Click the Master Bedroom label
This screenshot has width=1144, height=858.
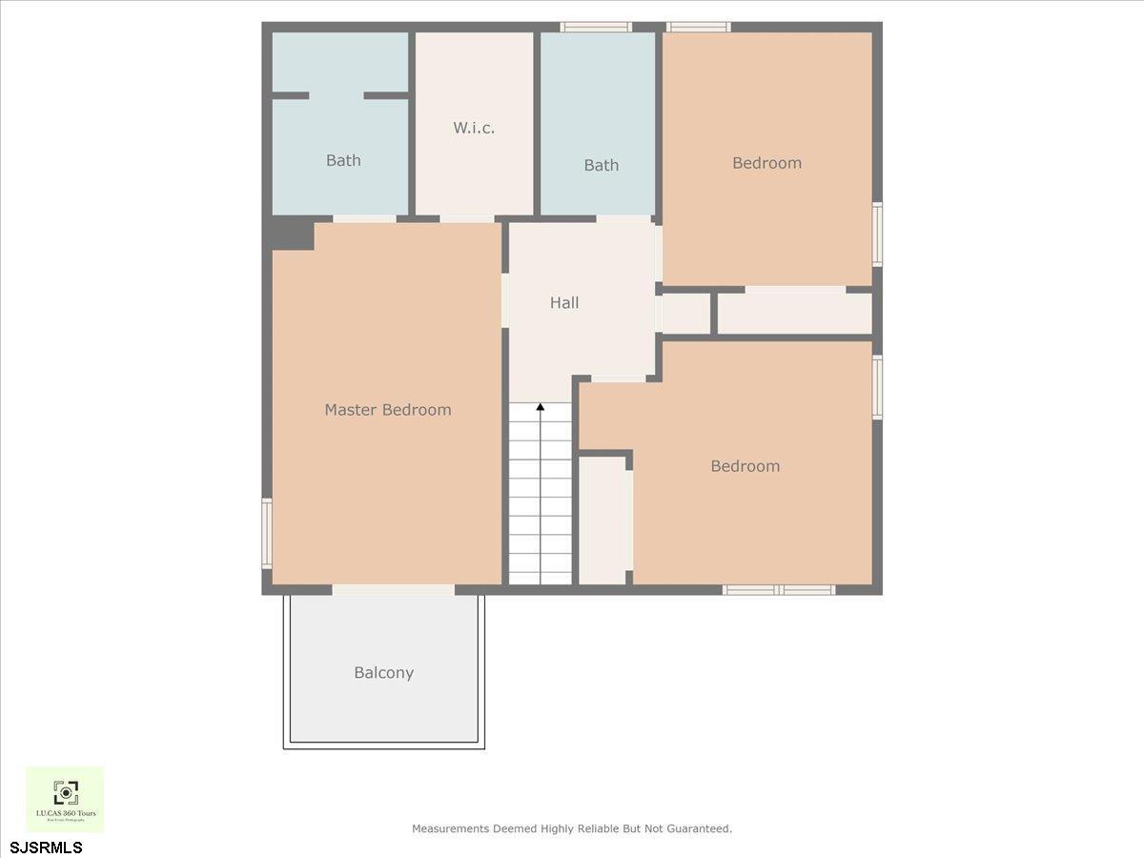click(x=387, y=410)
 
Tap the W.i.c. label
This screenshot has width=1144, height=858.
click(x=474, y=128)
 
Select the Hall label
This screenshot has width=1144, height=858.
click(x=564, y=303)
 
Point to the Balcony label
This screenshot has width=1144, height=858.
click(x=383, y=673)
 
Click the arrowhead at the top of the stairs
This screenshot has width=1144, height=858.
click(x=541, y=408)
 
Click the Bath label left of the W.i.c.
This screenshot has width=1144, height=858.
click(x=343, y=160)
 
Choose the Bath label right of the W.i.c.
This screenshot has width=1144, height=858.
click(x=601, y=166)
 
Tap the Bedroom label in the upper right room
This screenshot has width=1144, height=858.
click(x=766, y=163)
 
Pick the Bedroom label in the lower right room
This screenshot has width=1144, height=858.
click(x=745, y=466)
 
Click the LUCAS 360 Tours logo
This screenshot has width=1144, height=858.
click(x=65, y=799)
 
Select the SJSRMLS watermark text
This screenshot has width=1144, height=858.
click(x=47, y=847)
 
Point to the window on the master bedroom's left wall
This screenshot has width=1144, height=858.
click(x=268, y=534)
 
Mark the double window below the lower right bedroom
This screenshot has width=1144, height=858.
click(x=779, y=590)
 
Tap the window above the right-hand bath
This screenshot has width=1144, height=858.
click(x=596, y=27)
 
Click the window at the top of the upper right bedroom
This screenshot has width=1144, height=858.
click(x=698, y=27)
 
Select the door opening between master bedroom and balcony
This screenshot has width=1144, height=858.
click(x=393, y=590)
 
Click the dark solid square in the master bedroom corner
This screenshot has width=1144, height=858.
click(x=291, y=232)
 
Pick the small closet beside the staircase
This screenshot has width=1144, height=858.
click(x=603, y=521)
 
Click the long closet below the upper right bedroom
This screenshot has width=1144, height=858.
click(x=794, y=314)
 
